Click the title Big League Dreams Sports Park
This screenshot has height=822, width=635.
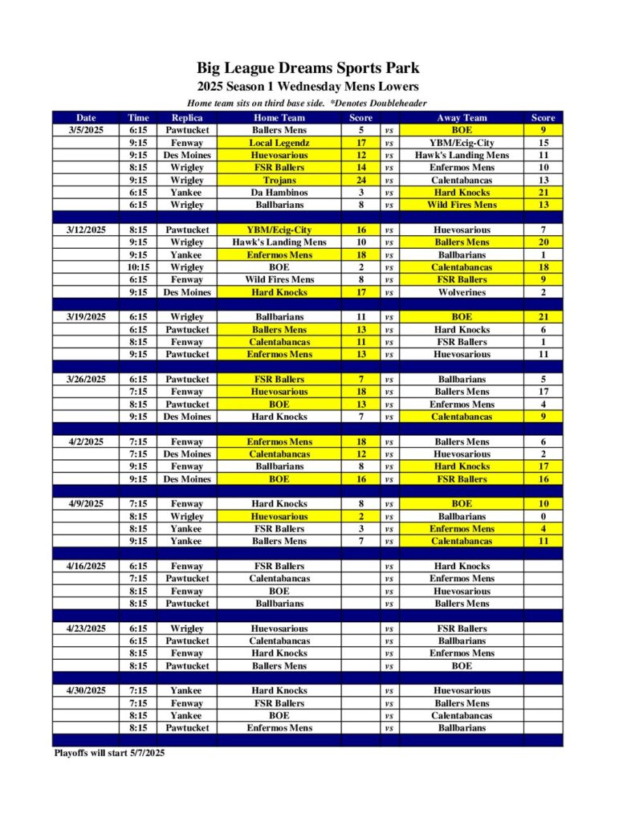(308, 68)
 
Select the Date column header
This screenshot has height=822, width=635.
(85, 117)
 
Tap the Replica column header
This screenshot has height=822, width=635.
(186, 117)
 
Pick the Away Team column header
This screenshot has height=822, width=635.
(462, 117)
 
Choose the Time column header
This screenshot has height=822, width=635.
(138, 117)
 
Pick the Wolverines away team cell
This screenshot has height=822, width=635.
(462, 292)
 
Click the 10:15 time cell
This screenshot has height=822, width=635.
(138, 267)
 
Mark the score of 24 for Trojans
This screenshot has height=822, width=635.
(361, 180)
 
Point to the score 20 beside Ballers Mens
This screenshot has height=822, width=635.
(543, 242)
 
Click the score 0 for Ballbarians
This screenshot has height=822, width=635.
(543, 517)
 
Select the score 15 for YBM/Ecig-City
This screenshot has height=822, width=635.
(543, 143)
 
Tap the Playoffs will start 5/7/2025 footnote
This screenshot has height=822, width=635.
(109, 753)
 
